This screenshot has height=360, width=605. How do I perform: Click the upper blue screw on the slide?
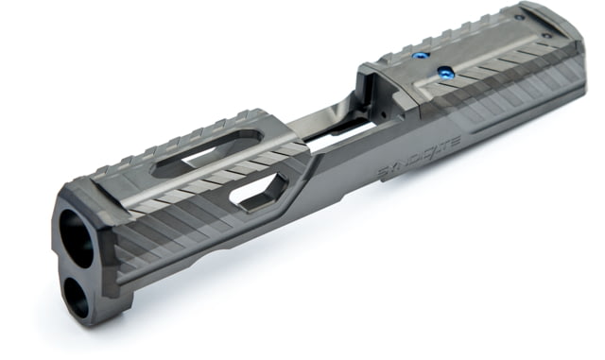tap(419, 56)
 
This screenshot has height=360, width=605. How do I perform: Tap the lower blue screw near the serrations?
tap(444, 72)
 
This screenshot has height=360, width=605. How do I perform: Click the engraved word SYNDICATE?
tap(418, 158)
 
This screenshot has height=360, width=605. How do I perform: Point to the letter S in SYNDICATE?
tap(383, 173)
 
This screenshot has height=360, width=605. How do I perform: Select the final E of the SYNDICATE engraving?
tap(455, 142)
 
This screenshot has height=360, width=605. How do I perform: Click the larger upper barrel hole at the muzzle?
tap(78, 238)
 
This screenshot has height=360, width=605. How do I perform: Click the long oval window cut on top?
tap(208, 153)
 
